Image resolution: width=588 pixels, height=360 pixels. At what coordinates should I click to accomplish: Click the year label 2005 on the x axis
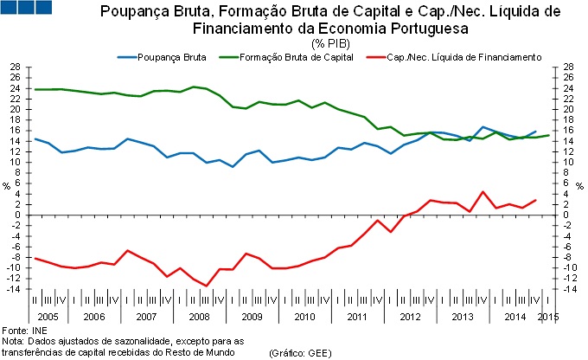tap(48, 317)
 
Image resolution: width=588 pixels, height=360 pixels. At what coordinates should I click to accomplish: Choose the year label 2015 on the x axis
tap(546, 317)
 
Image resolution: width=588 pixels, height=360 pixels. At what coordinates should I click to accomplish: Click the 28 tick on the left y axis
tap(15, 67)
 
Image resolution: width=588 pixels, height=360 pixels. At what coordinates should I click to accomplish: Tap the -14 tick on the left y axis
tap(13, 288)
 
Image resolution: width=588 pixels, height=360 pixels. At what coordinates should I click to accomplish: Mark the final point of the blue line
tap(535, 132)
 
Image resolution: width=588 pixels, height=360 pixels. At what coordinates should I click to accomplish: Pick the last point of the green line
tap(548, 135)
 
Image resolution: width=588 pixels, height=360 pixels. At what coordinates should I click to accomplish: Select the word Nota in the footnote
tap(13, 342)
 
